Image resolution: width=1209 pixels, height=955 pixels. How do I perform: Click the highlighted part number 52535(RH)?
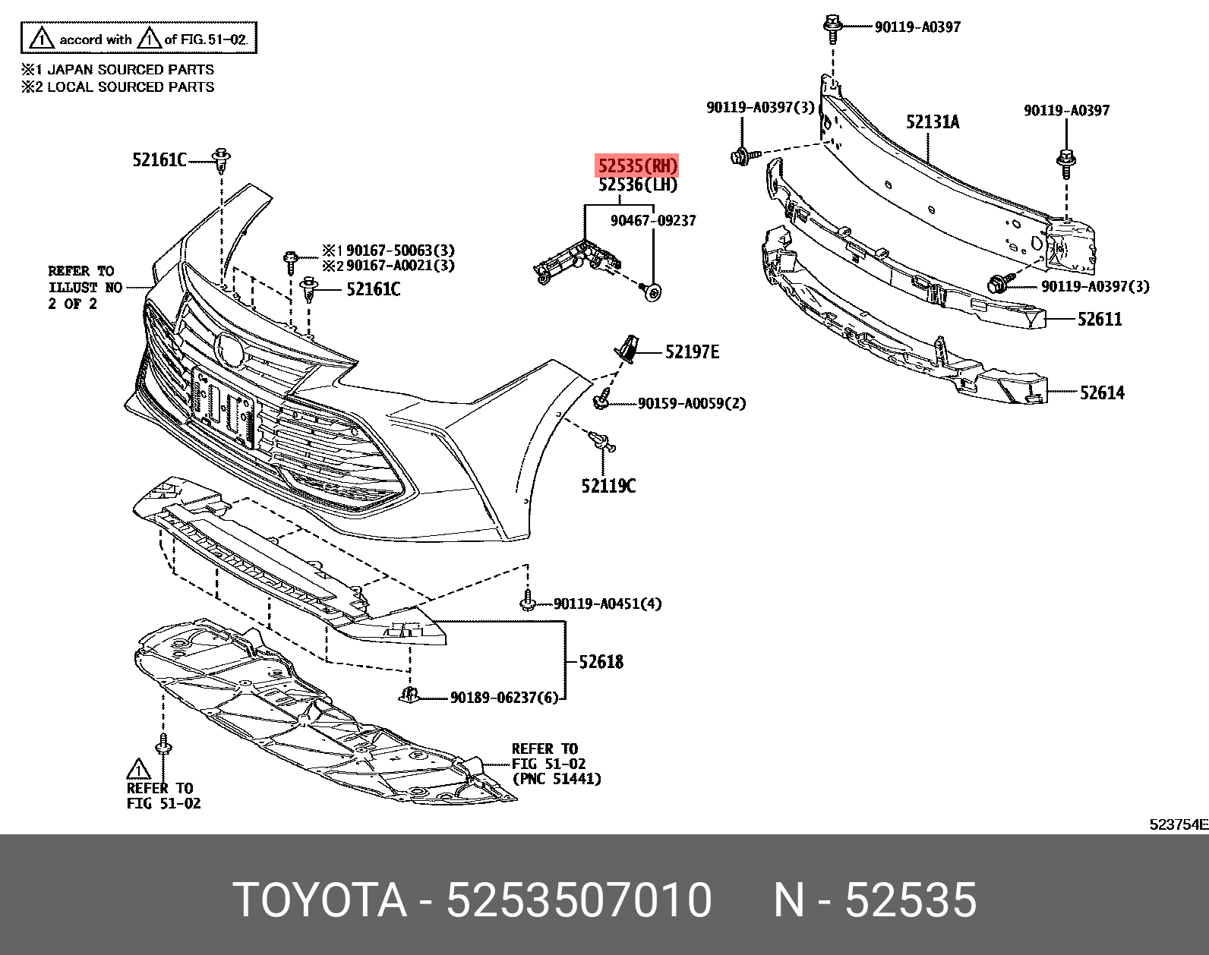coord(636,165)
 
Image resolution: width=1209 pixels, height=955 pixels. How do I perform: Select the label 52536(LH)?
coord(637,185)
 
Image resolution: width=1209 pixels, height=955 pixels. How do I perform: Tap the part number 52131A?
coord(932,122)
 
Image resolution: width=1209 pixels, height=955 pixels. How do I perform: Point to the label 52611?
coord(1100,320)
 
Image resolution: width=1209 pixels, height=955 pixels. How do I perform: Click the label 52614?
coord(1102,392)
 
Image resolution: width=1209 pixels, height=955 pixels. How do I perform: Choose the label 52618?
coord(601,662)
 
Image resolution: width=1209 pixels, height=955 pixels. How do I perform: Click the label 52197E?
coord(692,351)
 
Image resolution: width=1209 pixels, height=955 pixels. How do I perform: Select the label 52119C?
coord(608,485)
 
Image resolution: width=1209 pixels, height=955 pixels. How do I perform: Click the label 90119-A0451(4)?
coord(608,604)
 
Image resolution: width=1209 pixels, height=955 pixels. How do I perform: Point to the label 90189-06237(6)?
coord(503,697)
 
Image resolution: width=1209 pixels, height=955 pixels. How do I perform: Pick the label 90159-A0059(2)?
coord(691,404)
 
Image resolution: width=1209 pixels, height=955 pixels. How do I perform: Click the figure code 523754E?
coord(1178,825)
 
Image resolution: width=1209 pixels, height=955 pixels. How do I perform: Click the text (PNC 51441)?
coord(557,779)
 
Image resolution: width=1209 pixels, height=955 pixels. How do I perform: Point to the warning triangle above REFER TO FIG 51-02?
coord(138,768)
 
